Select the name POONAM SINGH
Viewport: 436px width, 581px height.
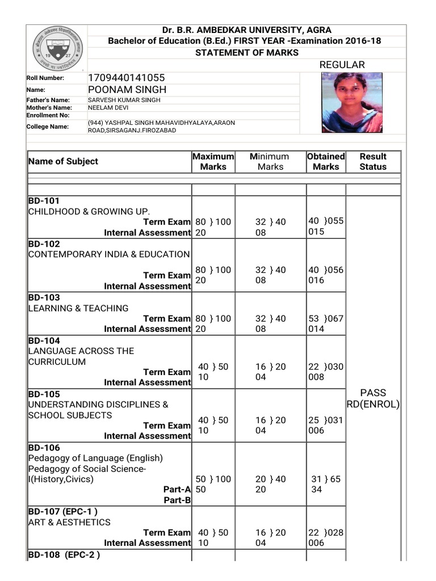(127, 90)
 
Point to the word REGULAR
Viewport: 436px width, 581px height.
(342, 65)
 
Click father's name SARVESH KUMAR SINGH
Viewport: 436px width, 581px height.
(124, 100)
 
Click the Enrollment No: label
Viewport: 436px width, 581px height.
(48, 115)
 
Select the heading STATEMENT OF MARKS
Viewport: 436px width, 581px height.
(246, 52)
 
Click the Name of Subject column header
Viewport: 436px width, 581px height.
(63, 161)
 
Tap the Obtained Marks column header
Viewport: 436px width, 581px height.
(326, 161)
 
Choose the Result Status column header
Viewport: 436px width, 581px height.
(373, 161)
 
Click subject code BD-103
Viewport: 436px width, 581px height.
(44, 297)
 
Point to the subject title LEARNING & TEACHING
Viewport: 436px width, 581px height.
(78, 308)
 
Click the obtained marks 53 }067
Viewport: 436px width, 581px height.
(326, 318)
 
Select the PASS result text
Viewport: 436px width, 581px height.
(373, 393)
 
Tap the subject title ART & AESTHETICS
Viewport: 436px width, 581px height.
(69, 522)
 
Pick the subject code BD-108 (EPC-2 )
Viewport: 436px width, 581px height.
(64, 554)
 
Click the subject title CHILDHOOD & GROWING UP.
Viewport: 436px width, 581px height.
(89, 211)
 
